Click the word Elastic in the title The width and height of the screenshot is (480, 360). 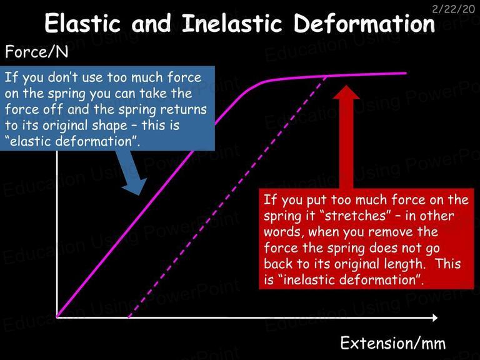tap(82, 23)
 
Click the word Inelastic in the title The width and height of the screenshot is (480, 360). tap(232, 23)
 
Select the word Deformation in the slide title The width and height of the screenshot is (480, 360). tap(364, 23)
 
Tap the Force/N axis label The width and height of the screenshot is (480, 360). tap(37, 52)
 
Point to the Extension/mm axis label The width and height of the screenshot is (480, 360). tap(393, 343)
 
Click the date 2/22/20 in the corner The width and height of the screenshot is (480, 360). tap(453, 9)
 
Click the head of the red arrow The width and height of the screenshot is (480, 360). tap(346, 92)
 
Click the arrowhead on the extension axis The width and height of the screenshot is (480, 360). tap(435, 317)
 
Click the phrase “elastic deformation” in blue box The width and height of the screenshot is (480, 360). tap(72, 141)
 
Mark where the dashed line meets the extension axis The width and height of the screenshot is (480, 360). tap(129, 317)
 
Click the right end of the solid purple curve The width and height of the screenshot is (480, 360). tap(406, 73)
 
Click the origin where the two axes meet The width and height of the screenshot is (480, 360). tap(57, 317)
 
